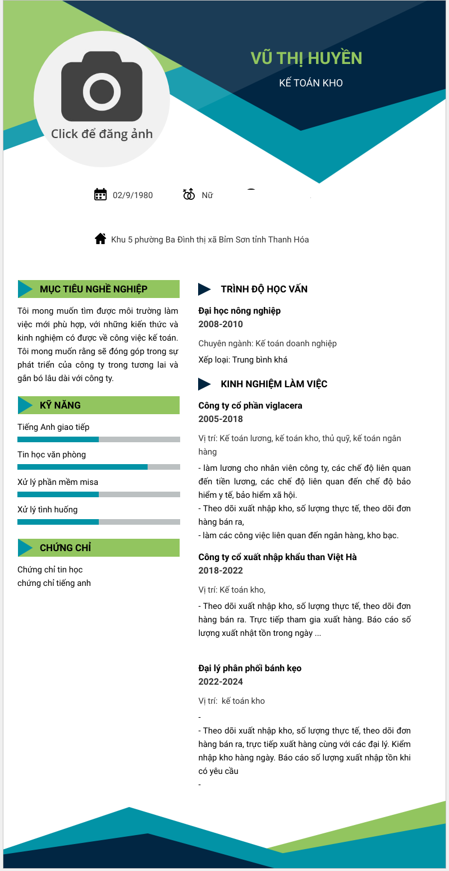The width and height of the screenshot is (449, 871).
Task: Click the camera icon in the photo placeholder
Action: click(x=102, y=87)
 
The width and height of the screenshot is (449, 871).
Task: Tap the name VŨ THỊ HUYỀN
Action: click(x=306, y=58)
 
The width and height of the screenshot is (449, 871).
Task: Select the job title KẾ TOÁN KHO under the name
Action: click(x=311, y=83)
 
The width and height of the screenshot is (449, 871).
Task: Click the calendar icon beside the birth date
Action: click(x=100, y=195)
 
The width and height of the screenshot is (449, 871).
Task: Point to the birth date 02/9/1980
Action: click(x=132, y=195)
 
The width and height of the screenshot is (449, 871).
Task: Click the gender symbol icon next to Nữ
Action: click(x=189, y=194)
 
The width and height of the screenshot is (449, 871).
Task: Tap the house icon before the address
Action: click(x=100, y=239)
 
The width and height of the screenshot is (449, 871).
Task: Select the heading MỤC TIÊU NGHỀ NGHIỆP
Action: click(x=93, y=289)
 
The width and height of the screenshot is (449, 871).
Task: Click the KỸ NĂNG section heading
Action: click(x=60, y=405)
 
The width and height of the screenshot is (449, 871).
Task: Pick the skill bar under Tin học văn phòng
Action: click(x=99, y=467)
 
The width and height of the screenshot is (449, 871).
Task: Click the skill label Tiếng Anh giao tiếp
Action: click(x=53, y=427)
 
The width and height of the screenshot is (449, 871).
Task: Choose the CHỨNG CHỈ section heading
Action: click(x=65, y=548)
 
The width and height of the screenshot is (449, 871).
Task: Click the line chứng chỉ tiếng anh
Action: click(x=54, y=583)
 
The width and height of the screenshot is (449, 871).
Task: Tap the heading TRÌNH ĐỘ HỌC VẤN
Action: click(x=264, y=289)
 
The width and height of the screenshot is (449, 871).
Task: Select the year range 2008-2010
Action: click(x=221, y=324)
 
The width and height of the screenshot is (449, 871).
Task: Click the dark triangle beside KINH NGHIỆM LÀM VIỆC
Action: click(x=204, y=384)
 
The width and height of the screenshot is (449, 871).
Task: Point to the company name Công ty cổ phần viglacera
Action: click(x=250, y=406)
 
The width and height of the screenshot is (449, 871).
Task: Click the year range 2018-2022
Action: click(x=221, y=571)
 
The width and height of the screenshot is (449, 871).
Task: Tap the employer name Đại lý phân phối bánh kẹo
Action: click(x=250, y=668)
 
